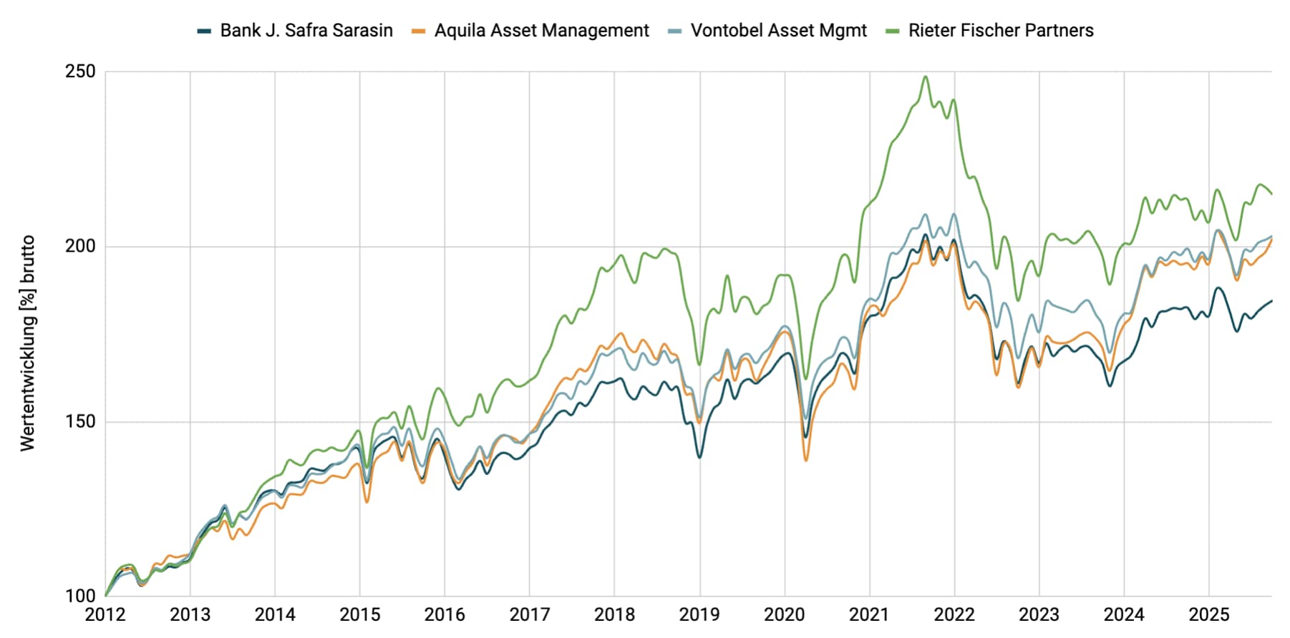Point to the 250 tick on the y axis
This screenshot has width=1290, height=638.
80,72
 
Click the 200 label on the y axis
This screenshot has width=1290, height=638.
80,246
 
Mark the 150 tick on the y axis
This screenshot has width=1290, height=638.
80,421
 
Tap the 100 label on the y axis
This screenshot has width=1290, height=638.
80,596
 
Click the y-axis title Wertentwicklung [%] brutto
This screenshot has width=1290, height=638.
27,343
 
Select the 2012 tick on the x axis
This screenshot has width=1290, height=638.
105,614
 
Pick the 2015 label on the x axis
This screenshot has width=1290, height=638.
359,614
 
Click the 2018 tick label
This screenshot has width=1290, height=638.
614,614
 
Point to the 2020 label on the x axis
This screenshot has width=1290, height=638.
784,614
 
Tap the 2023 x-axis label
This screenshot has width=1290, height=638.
1039,614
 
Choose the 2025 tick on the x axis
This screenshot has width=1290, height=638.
1208,614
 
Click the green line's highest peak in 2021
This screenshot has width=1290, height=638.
926,77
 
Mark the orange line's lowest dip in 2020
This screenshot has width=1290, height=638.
806,460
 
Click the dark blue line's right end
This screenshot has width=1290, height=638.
1271,301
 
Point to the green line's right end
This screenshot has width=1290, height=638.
1271,194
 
